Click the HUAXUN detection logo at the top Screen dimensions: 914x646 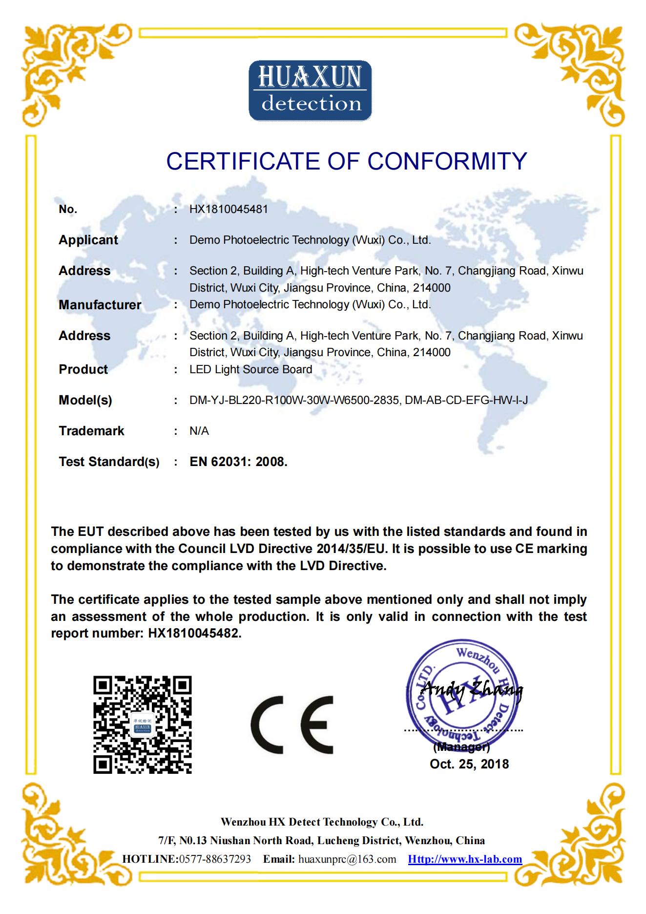click(x=310, y=91)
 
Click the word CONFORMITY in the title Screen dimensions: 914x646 click(x=447, y=161)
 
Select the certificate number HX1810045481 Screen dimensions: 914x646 click(x=229, y=209)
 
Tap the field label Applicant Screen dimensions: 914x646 click(x=88, y=240)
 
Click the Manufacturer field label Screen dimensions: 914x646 click(x=100, y=305)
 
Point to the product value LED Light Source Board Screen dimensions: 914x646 click(x=250, y=369)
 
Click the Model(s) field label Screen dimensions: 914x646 click(x=85, y=400)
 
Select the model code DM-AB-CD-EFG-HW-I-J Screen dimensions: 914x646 click(x=466, y=400)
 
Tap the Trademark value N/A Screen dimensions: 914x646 click(x=199, y=431)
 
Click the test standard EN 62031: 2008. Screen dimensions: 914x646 click(x=238, y=462)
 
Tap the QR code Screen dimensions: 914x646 click(x=143, y=725)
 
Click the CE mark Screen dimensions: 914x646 click(x=292, y=725)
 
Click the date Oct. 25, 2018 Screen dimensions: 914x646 click(x=469, y=764)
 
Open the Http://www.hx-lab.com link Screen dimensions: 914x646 click(x=465, y=859)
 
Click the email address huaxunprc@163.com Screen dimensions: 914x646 click(x=347, y=859)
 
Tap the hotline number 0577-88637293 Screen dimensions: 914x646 click(x=215, y=859)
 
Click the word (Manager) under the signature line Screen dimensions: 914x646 click(x=461, y=747)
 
